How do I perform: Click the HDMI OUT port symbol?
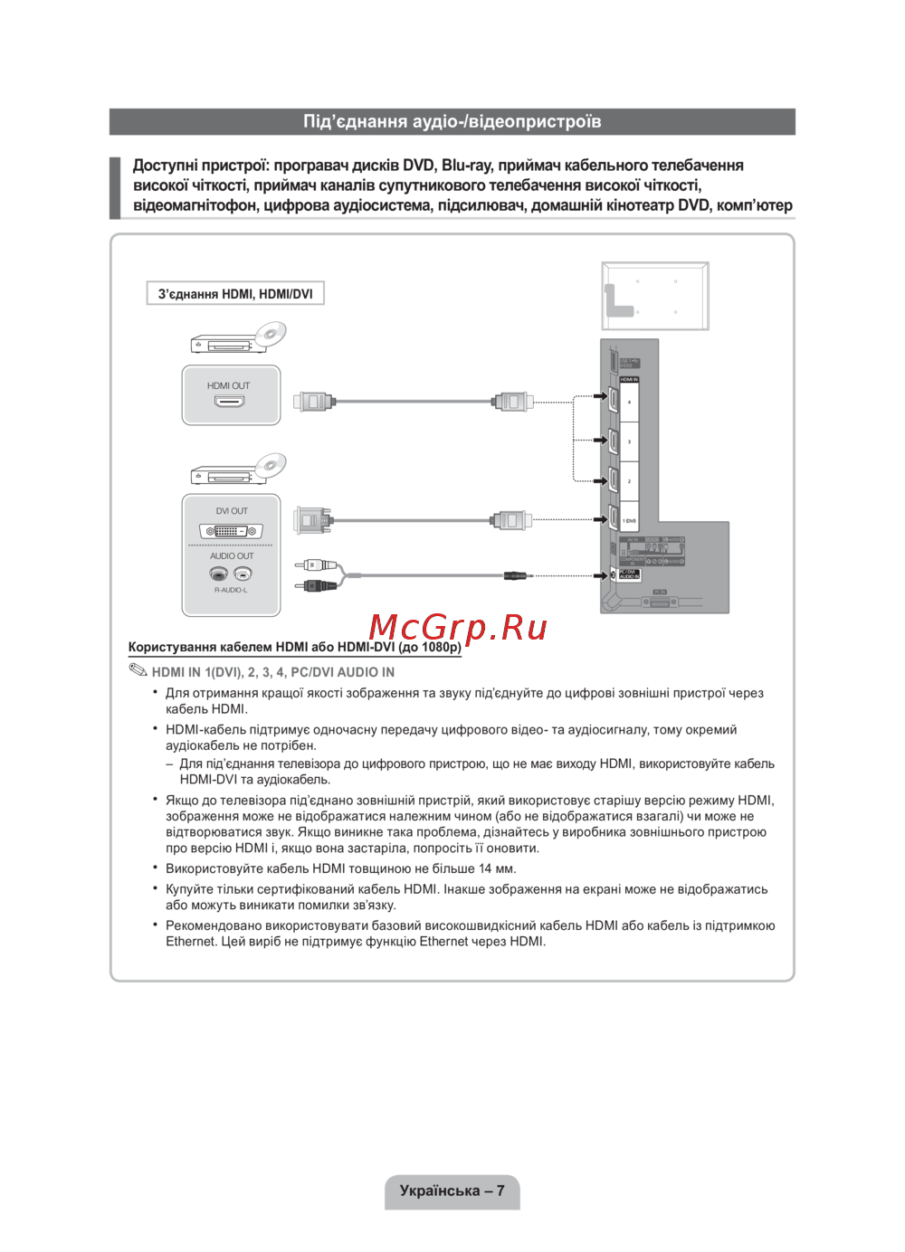[229, 401]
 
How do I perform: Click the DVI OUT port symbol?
[231, 531]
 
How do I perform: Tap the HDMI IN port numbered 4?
[613, 399]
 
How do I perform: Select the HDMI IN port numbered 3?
[613, 441]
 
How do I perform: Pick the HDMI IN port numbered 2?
[613, 480]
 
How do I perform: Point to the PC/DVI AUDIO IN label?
[629, 574]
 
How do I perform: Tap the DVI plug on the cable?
[312, 519]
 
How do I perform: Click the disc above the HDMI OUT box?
[269, 336]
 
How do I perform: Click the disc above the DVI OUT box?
[269, 467]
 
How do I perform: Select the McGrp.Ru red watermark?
[458, 627]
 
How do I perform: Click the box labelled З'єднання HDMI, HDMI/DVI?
[235, 294]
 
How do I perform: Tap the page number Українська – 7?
[452, 1190]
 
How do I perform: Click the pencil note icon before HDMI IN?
[138, 670]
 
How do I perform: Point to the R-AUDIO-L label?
[231, 590]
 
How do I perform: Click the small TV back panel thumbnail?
[655, 296]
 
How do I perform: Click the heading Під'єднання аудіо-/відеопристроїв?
[452, 121]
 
